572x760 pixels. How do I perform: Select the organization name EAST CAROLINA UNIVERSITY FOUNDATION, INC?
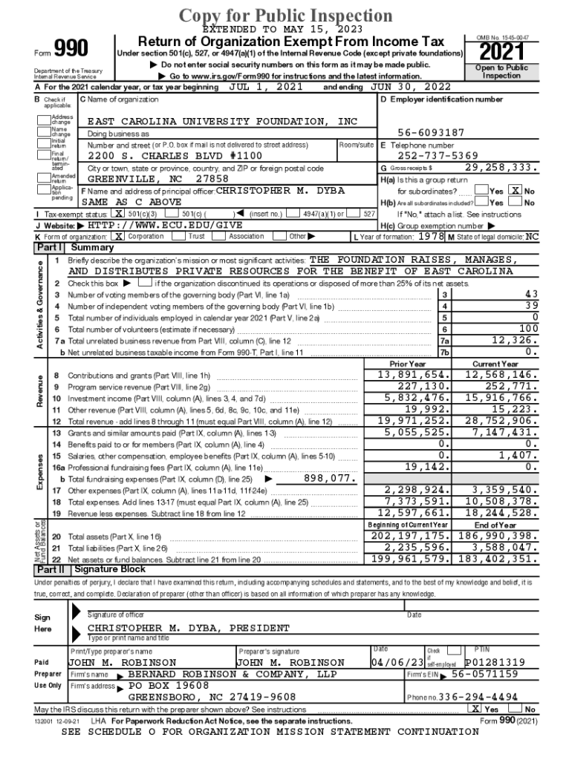click(222, 121)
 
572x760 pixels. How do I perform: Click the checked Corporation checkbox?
click(118, 236)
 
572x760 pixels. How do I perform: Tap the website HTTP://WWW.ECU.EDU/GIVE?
click(165, 225)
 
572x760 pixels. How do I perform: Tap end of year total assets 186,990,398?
click(495, 535)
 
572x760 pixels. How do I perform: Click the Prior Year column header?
click(408, 364)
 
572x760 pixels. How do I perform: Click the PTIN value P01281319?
click(495, 662)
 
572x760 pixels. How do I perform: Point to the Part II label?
click(51, 569)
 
